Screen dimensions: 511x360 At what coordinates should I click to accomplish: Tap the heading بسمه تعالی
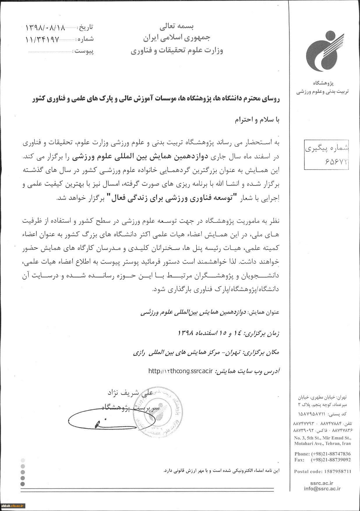click(177, 27)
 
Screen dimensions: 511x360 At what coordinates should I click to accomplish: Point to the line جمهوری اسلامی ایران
click(177, 38)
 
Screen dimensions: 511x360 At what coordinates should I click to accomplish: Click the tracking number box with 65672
click(326, 154)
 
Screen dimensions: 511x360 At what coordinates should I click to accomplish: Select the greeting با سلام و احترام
click(257, 121)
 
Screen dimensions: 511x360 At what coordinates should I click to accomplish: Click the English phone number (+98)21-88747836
click(322, 454)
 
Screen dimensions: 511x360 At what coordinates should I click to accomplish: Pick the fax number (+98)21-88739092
click(322, 460)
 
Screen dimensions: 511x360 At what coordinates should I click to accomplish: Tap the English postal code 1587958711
click(322, 471)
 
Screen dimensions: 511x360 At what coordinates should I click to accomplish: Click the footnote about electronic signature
click(221, 470)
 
